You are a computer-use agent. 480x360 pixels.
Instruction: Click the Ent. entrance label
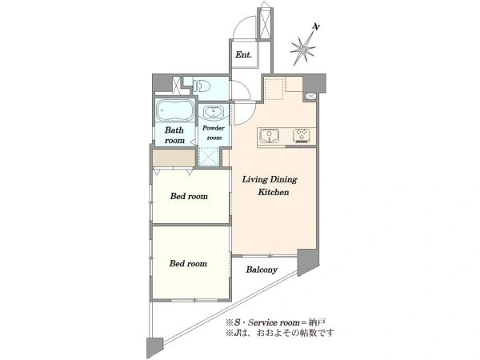coord(243,54)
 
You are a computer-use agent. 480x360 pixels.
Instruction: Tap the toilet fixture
coord(202,86)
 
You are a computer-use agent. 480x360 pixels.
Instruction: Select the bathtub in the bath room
coord(174,110)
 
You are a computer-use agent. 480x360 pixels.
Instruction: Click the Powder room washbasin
coord(214,112)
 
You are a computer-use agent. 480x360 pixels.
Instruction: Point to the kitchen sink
coord(270,136)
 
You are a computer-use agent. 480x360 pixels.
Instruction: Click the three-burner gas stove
coord(302,136)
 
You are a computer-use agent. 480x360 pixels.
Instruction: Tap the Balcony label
coord(262,270)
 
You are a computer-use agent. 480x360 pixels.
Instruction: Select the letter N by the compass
coord(316,27)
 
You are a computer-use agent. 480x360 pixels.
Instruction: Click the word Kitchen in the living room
coord(274,192)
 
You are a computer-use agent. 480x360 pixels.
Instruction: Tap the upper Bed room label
coord(189,196)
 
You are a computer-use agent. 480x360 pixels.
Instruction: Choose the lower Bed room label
coord(188,263)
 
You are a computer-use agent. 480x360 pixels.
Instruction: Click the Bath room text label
coord(174,135)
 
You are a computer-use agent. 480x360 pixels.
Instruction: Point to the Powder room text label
coord(214,133)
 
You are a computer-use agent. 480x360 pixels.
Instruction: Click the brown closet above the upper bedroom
coord(174,158)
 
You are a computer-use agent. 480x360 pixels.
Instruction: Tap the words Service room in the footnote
coord(274,322)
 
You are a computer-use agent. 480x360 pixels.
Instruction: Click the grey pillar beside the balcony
coord(308,262)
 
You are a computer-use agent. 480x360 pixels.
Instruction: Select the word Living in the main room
coord(254,180)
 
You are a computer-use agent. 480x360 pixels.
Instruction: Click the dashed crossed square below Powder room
coord(208,157)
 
